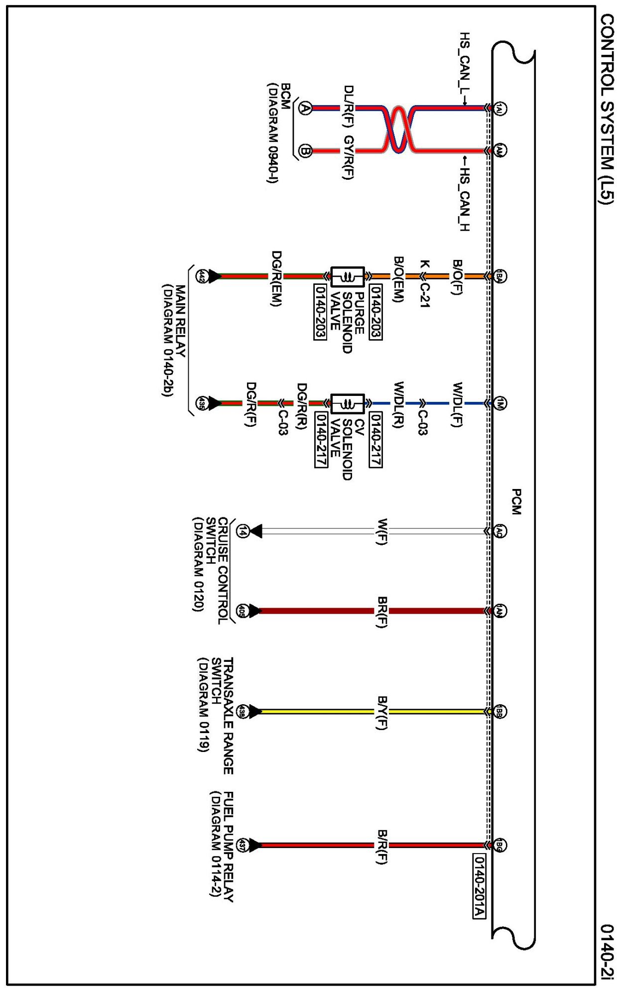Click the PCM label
click(516, 501)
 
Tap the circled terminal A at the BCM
click(305, 108)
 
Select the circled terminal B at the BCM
click(305, 151)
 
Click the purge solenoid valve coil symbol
click(348, 277)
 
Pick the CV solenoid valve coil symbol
click(348, 403)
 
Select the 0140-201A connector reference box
click(479, 886)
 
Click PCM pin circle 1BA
click(500, 276)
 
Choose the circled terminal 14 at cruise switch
click(243, 532)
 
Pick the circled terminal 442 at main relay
click(202, 276)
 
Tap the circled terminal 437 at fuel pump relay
click(243, 845)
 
